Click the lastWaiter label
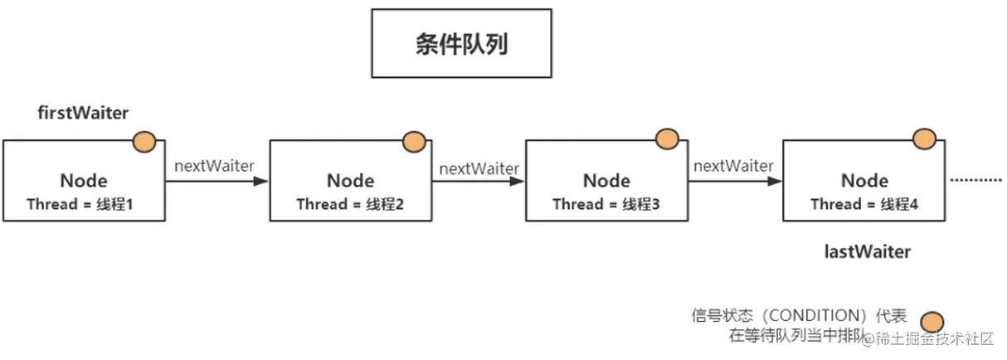867,251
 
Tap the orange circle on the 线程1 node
144,142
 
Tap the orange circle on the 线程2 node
413,142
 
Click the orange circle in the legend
933,322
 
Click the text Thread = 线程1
80,204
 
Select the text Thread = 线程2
349,204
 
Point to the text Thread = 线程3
606,204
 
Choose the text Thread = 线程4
863,204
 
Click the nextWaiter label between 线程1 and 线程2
214,165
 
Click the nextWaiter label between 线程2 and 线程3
479,168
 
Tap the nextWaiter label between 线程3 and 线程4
733,166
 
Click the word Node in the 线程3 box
606,180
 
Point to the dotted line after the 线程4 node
975,179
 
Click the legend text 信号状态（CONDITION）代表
798,316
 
